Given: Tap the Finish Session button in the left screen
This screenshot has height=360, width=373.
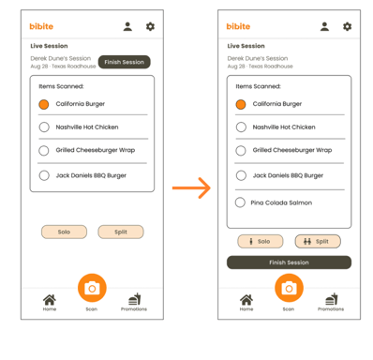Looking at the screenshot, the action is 125,62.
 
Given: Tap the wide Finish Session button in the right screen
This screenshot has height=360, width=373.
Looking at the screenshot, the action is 289,262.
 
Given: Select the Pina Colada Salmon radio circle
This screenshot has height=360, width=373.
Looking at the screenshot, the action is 240,202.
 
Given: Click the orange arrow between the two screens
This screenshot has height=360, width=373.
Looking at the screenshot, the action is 191,187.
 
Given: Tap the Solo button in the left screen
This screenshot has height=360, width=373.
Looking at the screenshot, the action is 64,232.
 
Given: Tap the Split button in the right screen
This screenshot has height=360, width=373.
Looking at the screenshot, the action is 318,241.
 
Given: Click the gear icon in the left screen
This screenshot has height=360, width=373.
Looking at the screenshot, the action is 150,26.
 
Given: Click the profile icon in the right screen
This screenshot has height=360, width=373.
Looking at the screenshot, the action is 324,26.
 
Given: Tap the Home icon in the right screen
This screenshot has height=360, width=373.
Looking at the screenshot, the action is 246,300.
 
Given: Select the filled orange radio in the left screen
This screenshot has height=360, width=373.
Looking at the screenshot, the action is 44,104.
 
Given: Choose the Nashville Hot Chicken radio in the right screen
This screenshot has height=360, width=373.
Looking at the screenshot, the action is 241,127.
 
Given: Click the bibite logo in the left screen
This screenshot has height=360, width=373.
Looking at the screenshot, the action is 41,26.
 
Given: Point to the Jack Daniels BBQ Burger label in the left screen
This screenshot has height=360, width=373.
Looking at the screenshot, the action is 91,175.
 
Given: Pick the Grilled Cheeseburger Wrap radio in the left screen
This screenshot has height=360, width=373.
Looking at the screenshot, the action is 44,151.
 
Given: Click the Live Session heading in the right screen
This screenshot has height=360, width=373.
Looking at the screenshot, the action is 246,46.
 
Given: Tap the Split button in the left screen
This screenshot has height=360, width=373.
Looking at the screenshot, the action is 121,232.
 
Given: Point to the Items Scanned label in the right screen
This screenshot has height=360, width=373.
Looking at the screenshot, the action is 258,86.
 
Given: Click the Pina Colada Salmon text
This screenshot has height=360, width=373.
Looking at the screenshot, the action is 281,202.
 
